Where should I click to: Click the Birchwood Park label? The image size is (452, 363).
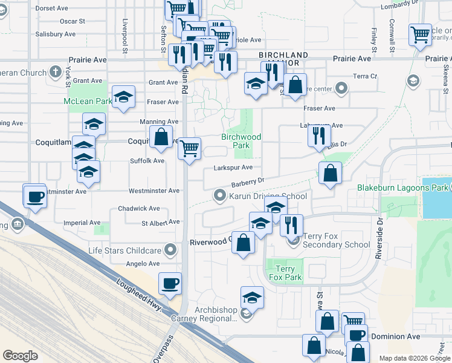pyautogui.click(x=241, y=141)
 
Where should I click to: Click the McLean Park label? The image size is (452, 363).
pyautogui.click(x=88, y=101)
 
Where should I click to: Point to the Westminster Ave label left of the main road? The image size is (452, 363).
pyautogui.click(x=154, y=191)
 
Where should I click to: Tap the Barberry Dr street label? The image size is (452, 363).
pyautogui.click(x=248, y=181)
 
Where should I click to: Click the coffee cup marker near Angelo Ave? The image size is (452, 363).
pyautogui.click(x=170, y=283)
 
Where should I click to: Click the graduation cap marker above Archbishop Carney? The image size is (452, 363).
pyautogui.click(x=252, y=297)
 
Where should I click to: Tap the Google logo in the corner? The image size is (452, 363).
pyautogui.click(x=20, y=356)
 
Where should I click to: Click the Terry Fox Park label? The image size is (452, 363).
pyautogui.click(x=285, y=273)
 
